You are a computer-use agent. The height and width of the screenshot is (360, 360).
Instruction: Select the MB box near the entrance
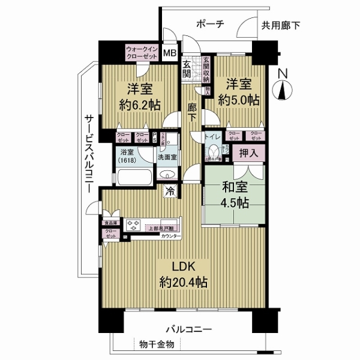(x=170, y=53)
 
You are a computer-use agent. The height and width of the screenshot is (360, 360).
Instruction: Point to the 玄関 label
(x=187, y=69)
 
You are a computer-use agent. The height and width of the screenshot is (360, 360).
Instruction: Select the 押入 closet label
(x=249, y=154)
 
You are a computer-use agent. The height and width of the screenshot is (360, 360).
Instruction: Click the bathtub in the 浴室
(x=133, y=178)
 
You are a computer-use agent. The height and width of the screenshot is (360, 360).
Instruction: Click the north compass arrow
(x=283, y=92)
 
